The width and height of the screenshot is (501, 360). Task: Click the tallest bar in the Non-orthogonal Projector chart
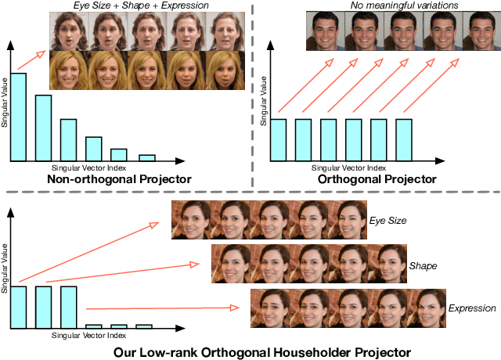pyautogui.click(x=18, y=117)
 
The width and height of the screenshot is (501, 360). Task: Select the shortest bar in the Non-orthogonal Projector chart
pyautogui.click(x=146, y=157)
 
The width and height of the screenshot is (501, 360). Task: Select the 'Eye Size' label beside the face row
pyautogui.click(x=388, y=221)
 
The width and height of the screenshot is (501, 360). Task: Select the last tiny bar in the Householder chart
pyautogui.click(x=143, y=326)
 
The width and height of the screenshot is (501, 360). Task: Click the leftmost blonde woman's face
pyautogui.click(x=69, y=69)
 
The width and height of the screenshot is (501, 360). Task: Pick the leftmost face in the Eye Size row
pyautogui.click(x=192, y=219)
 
